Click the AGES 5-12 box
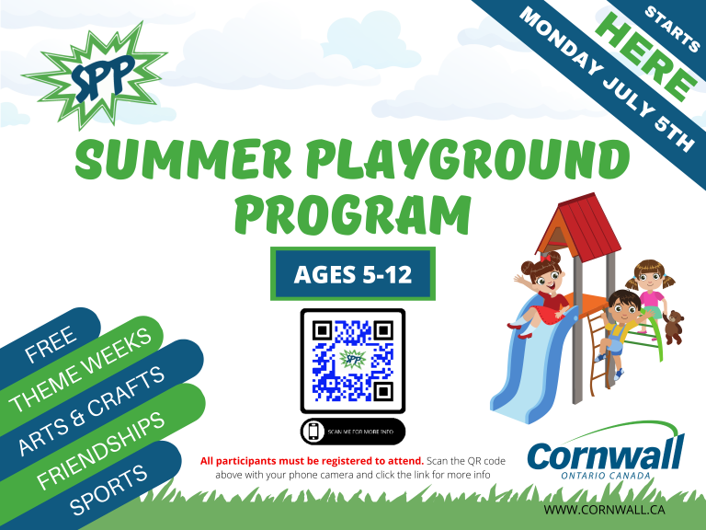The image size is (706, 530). pyautogui.click(x=352, y=273)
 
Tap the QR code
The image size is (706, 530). pyautogui.click(x=352, y=360)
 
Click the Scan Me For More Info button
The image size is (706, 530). pyautogui.click(x=352, y=430)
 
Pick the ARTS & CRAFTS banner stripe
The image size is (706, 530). pyautogui.click(x=92, y=409)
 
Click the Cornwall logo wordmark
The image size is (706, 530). pyautogui.click(x=606, y=453)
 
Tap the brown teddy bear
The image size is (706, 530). pyautogui.click(x=675, y=327)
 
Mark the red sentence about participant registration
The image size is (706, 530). pyautogui.click(x=312, y=459)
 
